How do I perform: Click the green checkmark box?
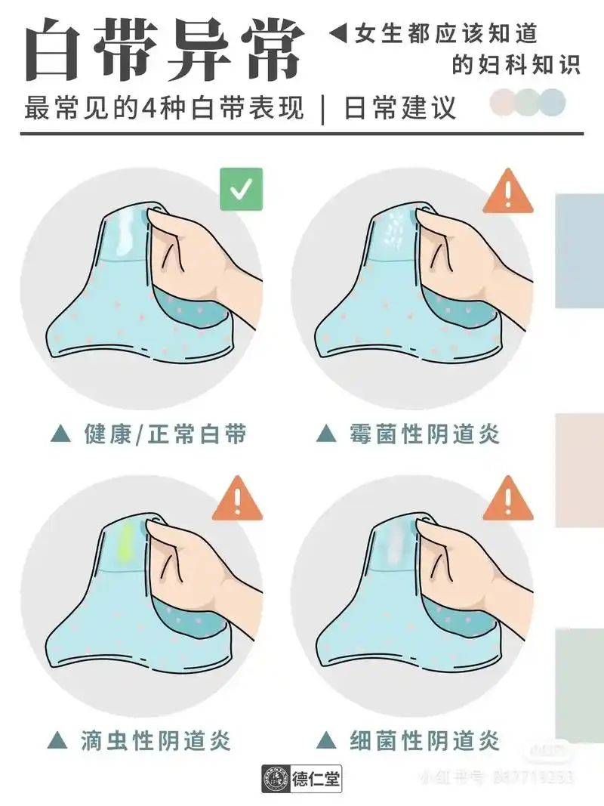242,189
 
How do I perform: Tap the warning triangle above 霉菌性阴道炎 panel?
508,190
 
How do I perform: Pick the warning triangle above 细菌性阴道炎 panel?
508,499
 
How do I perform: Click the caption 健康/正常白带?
165,434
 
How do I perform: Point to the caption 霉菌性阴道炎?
424,434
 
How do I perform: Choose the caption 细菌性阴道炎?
424,740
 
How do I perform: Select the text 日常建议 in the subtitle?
400,108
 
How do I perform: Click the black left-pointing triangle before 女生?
339,33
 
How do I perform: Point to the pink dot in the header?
502,102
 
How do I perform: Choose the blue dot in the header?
553,102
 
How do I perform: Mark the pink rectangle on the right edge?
580,470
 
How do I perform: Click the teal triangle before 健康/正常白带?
60,434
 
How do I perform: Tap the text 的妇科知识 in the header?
516,65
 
